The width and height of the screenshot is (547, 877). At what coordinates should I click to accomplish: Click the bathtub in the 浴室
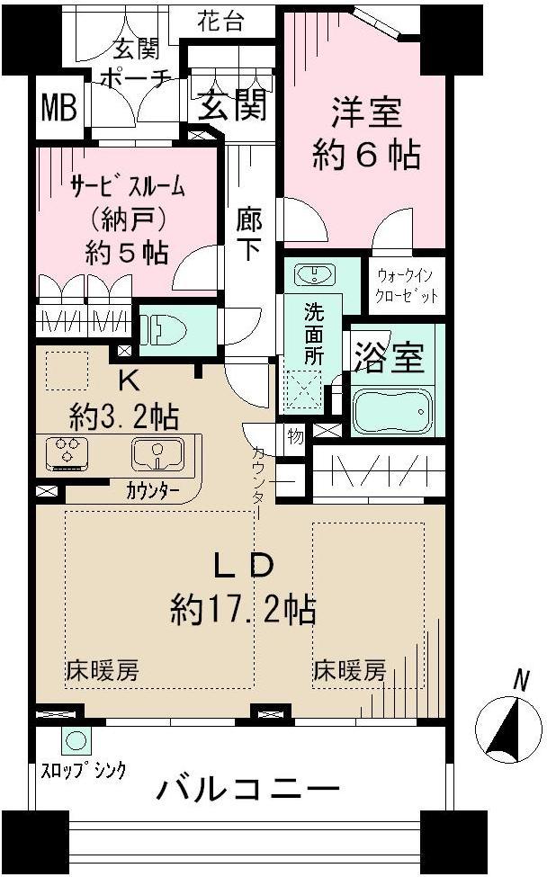pos(392,411)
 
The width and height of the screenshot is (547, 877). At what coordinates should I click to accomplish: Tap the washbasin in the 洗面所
pos(313,274)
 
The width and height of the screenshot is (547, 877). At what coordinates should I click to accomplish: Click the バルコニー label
pos(248,791)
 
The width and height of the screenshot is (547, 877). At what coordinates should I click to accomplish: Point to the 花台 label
pos(221,22)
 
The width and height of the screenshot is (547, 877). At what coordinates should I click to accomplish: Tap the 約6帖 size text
pos(365,156)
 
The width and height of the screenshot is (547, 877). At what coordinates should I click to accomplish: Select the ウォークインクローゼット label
pos(406,286)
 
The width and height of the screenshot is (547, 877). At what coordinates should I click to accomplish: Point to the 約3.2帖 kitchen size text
pos(124,416)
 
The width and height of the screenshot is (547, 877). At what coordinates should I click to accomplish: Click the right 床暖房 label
pos(350,670)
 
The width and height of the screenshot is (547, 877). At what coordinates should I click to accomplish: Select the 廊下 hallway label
pos(248,233)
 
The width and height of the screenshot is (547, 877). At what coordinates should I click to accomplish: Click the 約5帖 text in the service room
pos(126,253)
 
